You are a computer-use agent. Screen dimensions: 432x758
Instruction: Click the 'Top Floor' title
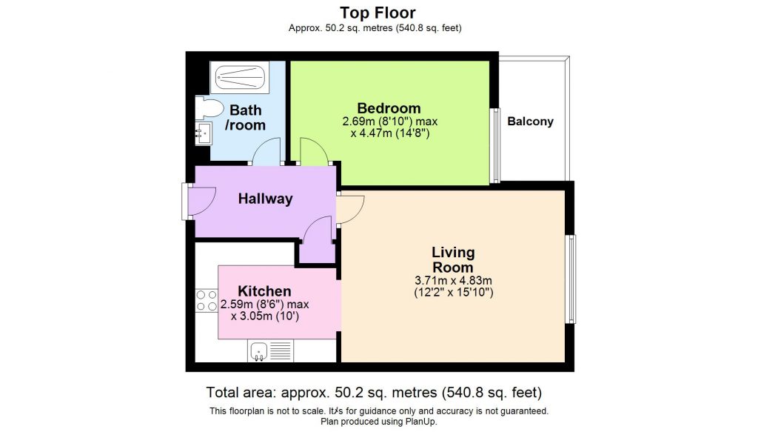[378, 13]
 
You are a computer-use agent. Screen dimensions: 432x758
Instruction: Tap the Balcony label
[530, 122]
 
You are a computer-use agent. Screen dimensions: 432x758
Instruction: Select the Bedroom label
[389, 108]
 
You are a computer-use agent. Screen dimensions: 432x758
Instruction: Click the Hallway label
[265, 199]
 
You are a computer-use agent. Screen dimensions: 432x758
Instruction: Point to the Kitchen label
[264, 291]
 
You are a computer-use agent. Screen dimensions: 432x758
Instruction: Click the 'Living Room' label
[453, 260]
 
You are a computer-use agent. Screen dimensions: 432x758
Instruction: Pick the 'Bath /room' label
[246, 118]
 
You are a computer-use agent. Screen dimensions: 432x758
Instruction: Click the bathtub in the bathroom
[239, 76]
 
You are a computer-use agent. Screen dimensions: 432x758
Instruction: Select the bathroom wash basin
[204, 134]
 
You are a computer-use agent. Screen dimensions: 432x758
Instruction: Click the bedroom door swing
[313, 153]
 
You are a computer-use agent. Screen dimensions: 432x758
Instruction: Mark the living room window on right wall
[571, 279]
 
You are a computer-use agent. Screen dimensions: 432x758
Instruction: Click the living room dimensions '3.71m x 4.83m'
[454, 280]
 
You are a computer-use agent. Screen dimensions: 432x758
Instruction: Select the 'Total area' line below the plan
[378, 392]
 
